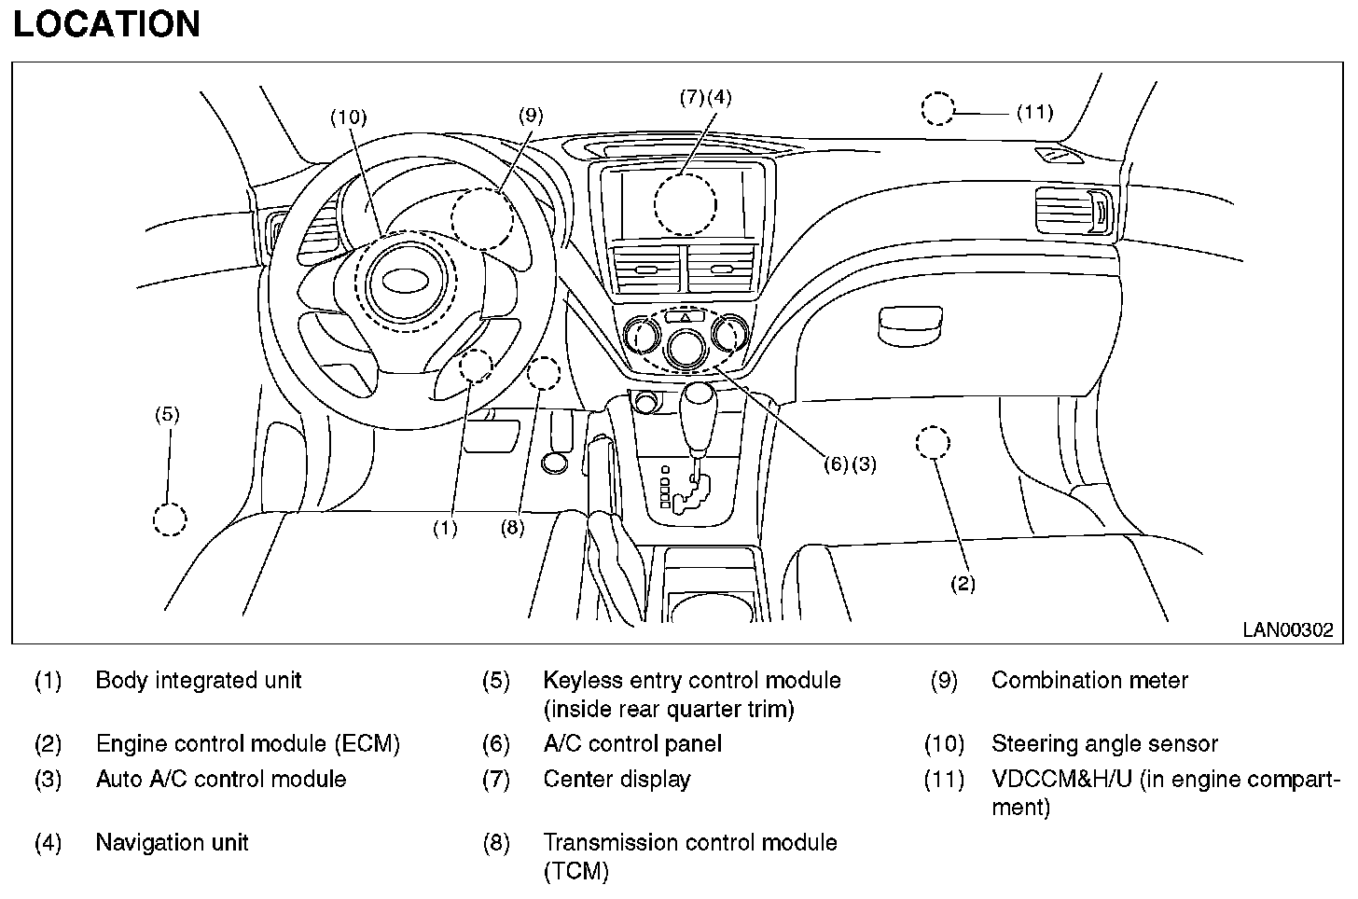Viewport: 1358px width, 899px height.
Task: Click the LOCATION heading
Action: coord(106,24)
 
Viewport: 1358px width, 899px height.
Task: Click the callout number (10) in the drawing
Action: coord(349,117)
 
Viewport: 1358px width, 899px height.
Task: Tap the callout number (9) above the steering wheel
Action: coord(530,115)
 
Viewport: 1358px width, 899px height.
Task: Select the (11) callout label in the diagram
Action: coord(1034,113)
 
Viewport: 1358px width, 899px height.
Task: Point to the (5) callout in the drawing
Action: coord(167,414)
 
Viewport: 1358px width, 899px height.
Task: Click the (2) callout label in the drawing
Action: coord(963,584)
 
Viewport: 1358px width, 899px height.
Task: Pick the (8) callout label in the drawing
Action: coord(512,527)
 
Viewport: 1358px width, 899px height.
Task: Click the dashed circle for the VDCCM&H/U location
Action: coord(938,109)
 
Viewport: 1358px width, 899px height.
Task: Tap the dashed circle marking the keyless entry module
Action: coord(170,519)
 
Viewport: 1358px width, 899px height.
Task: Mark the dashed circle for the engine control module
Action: coord(933,442)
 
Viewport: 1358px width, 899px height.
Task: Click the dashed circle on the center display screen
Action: coord(685,204)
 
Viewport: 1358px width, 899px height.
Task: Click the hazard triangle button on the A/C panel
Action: coord(686,318)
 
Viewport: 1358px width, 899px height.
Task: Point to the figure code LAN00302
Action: coord(1287,630)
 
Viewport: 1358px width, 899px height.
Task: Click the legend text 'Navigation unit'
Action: coord(173,843)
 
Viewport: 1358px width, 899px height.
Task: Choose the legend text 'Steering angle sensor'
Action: coord(1104,744)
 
